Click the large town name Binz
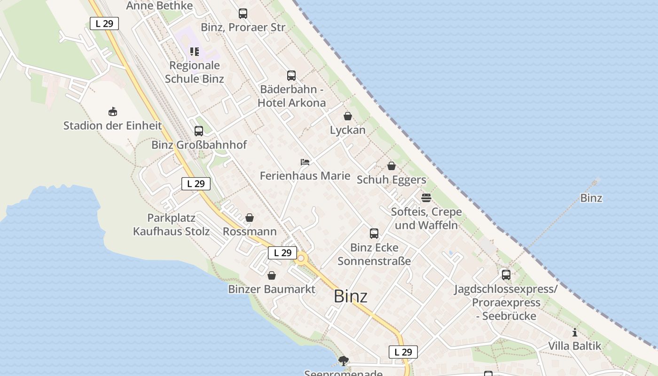(x=350, y=297)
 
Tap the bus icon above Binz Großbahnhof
(x=199, y=131)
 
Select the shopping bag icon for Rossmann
(x=250, y=218)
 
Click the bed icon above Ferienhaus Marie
(x=305, y=162)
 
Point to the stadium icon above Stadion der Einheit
(x=112, y=112)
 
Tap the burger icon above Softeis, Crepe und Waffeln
(x=426, y=198)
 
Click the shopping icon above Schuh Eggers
(x=391, y=166)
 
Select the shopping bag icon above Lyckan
(x=347, y=116)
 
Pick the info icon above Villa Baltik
(x=574, y=333)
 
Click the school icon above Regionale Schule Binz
(x=194, y=52)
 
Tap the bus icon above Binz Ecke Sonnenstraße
(x=374, y=234)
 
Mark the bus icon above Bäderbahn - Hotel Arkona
(x=291, y=75)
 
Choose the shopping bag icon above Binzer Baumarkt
(x=271, y=275)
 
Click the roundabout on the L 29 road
(x=301, y=258)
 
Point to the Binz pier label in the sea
(x=591, y=198)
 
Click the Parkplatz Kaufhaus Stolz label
(x=171, y=225)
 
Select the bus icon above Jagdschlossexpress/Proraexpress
(x=506, y=274)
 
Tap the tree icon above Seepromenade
(x=344, y=360)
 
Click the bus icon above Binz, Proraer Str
(x=243, y=14)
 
